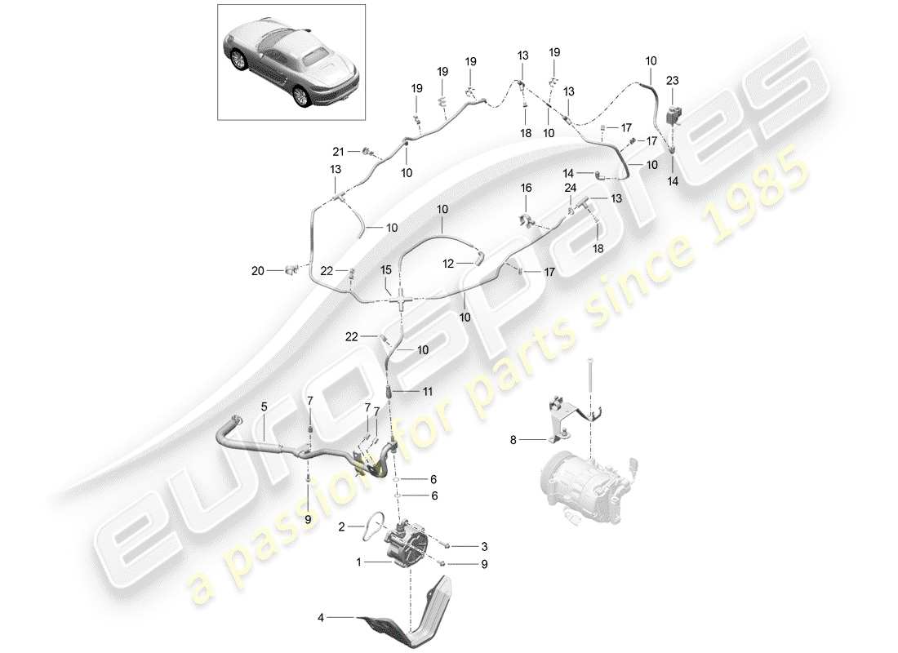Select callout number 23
click(x=672, y=81)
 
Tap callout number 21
click(x=338, y=151)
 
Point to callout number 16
click(x=527, y=189)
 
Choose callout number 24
click(x=569, y=188)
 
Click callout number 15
click(x=385, y=269)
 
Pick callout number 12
click(x=447, y=263)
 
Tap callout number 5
click(x=264, y=406)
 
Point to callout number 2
click(x=344, y=528)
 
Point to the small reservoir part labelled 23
click(x=674, y=112)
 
